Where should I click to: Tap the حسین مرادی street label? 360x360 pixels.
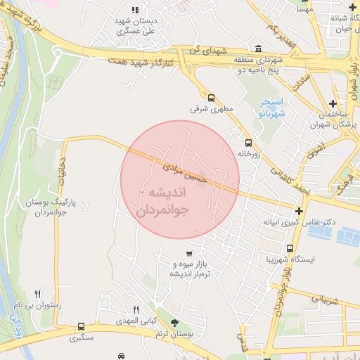(186, 173)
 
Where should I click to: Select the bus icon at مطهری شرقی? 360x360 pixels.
(211, 98)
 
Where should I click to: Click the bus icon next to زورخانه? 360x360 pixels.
(249, 143)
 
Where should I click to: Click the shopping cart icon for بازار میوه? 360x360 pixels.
(189, 253)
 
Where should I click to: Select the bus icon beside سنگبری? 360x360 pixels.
(82, 327)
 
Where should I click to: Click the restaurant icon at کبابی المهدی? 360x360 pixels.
(136, 309)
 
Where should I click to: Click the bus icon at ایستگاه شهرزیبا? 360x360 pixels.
(290, 248)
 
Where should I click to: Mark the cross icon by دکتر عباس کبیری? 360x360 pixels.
(300, 211)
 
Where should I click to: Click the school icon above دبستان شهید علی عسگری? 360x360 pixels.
(135, 9)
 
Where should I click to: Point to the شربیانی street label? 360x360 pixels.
(323, 300)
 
